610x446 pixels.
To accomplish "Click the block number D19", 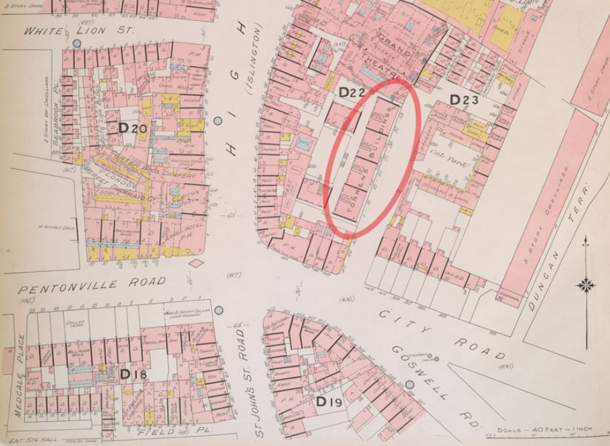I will coord(329,403).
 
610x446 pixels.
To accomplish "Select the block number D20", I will coord(132,128).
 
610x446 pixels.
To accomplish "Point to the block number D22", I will coord(352,92).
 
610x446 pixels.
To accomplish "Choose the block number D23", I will coord(464,101).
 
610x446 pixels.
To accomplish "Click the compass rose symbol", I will coord(585,284).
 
